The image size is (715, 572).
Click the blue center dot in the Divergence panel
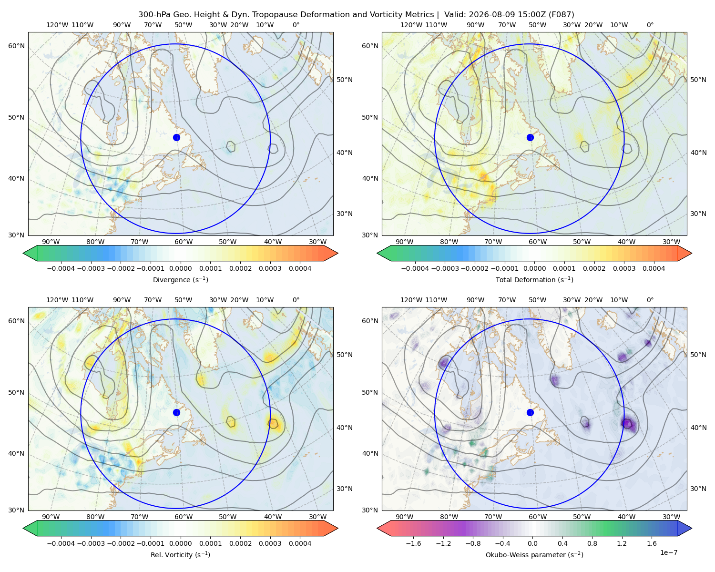(x=176, y=137)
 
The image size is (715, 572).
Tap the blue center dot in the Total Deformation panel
(x=530, y=137)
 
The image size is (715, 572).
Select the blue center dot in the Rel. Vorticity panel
(x=176, y=412)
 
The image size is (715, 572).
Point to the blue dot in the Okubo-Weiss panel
(x=530, y=412)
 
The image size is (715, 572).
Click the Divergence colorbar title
(x=180, y=279)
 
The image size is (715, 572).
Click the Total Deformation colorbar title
(x=534, y=279)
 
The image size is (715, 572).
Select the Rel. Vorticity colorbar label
(x=180, y=554)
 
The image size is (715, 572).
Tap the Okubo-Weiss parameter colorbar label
(x=534, y=554)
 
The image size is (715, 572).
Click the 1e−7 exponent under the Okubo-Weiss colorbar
(x=668, y=552)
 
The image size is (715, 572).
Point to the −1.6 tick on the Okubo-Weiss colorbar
(x=413, y=543)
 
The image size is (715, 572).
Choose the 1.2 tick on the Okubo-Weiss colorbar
(x=622, y=543)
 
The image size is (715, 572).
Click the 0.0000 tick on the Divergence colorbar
(x=180, y=268)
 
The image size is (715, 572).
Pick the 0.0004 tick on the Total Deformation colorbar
(x=654, y=268)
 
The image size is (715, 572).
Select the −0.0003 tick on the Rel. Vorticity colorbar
(x=91, y=543)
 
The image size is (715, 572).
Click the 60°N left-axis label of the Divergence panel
(x=16, y=46)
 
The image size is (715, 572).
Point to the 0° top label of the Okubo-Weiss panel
(x=650, y=300)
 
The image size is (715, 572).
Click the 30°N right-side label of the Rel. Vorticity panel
(x=344, y=488)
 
